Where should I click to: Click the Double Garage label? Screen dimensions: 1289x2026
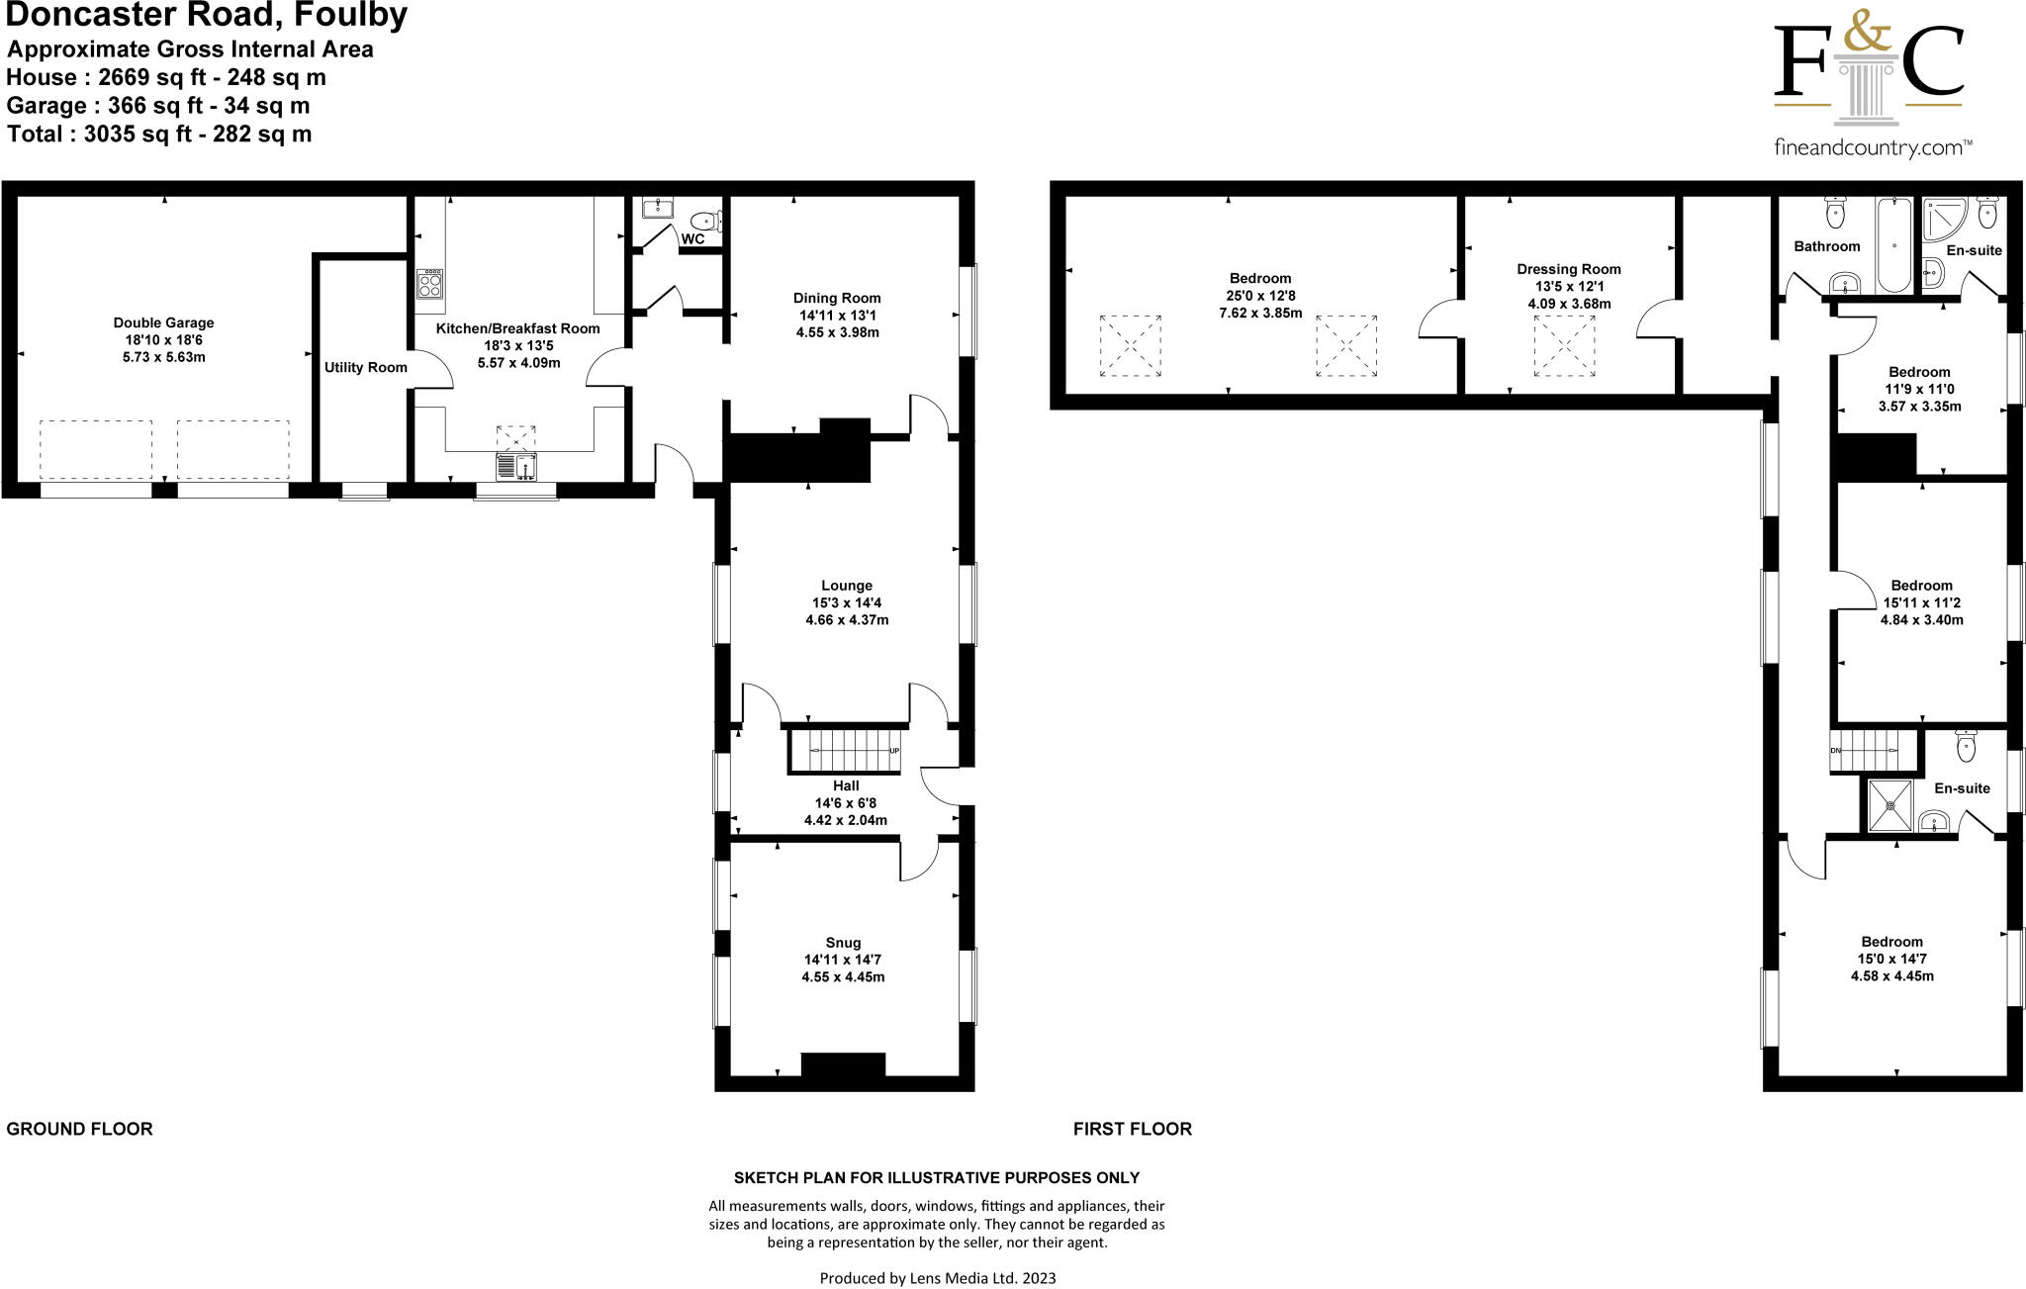coord(163,322)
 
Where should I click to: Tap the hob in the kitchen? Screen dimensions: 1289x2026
coord(429,284)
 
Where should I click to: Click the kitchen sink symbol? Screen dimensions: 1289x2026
coord(515,466)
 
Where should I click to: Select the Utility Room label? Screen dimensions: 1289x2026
coord(365,367)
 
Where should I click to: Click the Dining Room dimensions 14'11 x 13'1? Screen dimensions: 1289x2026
coord(837,316)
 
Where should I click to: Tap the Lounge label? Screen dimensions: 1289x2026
coord(846,585)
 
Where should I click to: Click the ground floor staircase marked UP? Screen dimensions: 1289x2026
coord(846,752)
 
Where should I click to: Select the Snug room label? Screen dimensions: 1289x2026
coord(843,943)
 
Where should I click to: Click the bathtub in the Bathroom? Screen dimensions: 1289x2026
coord(1894,244)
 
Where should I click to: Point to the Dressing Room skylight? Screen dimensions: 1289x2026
coord(1564,346)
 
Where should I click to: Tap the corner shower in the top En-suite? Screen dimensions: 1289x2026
coord(1943,220)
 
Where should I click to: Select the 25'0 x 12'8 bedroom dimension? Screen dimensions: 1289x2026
coord(1260,296)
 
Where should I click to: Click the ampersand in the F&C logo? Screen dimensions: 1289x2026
coord(1866,38)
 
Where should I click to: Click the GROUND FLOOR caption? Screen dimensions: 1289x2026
coord(79,1129)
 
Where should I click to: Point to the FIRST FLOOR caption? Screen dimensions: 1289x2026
coord(1132,1129)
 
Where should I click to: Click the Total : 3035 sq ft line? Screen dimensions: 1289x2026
coord(159,134)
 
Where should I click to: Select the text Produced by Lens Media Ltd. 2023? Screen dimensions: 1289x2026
coord(937,1278)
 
